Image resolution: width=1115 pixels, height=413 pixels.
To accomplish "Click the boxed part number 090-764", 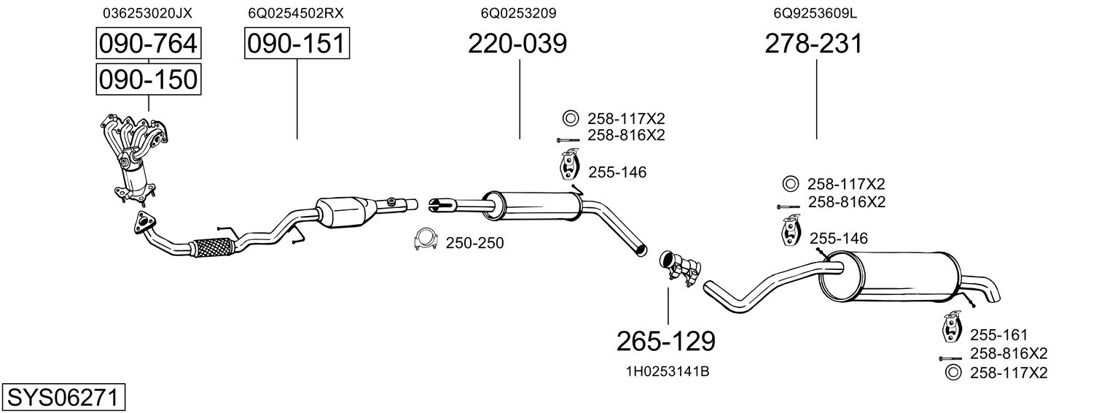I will [x=149, y=44].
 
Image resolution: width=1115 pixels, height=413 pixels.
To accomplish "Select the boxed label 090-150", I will [x=149, y=79].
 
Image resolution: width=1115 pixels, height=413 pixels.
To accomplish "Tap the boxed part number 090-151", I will [x=297, y=44].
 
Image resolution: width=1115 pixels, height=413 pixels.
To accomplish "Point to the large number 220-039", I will [x=517, y=44].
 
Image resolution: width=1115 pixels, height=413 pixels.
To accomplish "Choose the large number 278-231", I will [x=813, y=44].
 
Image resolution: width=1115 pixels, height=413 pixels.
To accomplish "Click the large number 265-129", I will [x=665, y=340].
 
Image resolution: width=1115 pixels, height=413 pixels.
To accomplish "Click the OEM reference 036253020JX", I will [x=148, y=13].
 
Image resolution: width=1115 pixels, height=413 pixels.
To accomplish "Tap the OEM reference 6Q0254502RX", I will [x=296, y=13].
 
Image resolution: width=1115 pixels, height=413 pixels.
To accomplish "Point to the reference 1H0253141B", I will [x=668, y=371].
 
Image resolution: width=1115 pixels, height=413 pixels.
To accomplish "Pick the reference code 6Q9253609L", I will [x=815, y=13].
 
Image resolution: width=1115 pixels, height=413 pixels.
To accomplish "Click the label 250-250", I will [x=474, y=242].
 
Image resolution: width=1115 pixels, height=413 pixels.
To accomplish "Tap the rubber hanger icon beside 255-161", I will [x=951, y=328].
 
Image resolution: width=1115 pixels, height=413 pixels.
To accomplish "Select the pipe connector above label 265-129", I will [x=679, y=267].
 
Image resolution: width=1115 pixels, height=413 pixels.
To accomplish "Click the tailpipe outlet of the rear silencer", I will [x=993, y=292].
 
